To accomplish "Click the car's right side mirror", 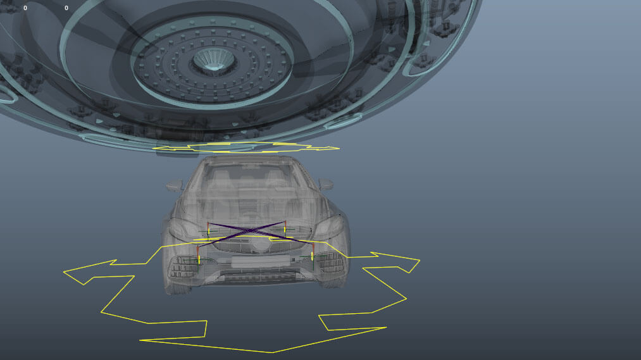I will [326, 184].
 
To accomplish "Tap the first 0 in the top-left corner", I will [25, 8].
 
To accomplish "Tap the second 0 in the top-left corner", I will [66, 8].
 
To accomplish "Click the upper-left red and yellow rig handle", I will [208, 227].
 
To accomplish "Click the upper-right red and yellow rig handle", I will [285, 227].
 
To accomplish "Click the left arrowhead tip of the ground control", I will [65, 272].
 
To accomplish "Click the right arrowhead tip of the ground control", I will [419, 260].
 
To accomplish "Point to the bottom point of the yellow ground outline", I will [272, 352].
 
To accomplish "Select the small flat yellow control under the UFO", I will [247, 148].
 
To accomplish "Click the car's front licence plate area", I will [252, 261].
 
